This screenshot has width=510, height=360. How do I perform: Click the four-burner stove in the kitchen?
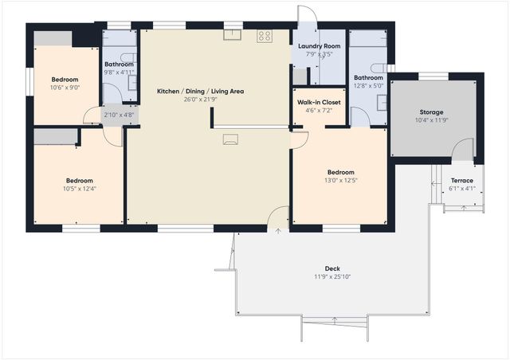click(265, 37)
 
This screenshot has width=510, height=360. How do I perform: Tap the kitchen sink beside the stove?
click(233, 34)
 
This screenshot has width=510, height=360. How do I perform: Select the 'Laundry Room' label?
click(320, 47)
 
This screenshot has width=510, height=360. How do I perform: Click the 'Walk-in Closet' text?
click(319, 103)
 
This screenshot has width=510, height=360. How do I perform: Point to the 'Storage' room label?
click(431, 112)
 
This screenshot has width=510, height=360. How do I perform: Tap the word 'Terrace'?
click(462, 181)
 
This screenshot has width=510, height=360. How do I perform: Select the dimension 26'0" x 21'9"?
click(200, 100)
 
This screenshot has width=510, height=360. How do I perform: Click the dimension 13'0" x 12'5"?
click(342, 180)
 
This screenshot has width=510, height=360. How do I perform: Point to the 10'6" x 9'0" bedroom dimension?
click(65, 88)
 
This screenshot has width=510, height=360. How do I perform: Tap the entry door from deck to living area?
click(280, 217)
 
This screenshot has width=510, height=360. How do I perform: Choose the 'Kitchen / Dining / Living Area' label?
click(200, 92)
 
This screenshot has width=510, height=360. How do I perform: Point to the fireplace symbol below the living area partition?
click(230, 140)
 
